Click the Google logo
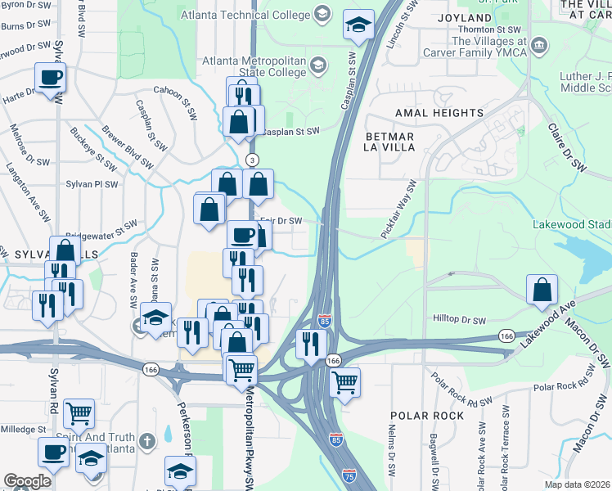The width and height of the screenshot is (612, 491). (28, 481)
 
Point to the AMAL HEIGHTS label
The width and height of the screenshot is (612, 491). (439, 112)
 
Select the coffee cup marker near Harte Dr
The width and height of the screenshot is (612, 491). (50, 79)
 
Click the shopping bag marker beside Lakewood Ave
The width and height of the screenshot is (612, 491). (542, 290)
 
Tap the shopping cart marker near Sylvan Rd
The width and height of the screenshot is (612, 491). (79, 414)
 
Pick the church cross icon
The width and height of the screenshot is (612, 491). (144, 439)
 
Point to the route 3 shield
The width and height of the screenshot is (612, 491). (253, 159)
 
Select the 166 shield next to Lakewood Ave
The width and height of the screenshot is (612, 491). (506, 336)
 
